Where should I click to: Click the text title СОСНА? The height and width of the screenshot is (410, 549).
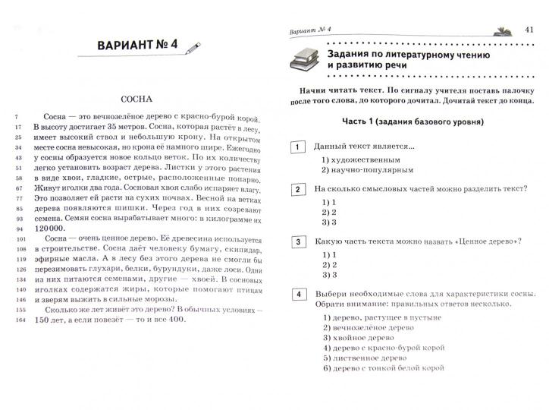coord(136,99)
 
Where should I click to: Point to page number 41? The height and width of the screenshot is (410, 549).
coord(530,29)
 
